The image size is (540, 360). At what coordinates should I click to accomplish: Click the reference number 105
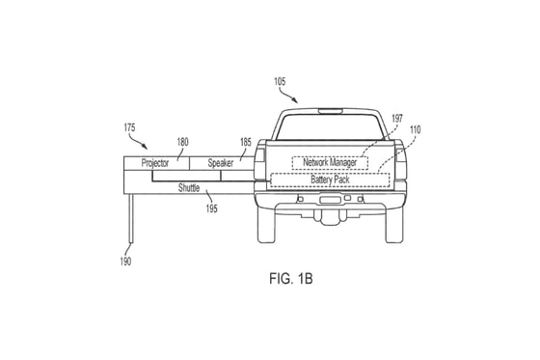coord(280,81)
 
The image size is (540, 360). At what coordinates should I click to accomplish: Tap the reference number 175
coord(129,127)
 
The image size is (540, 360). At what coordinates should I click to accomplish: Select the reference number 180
coord(183,142)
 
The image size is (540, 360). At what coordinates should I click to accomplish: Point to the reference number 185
coord(246,142)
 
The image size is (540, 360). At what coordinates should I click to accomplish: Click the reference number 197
coord(397,119)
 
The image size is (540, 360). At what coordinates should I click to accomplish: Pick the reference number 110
coord(415,130)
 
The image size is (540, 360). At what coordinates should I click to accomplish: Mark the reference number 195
coord(212,208)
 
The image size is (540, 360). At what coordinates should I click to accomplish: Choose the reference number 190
coord(125,262)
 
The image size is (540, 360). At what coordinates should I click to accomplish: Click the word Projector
coord(155,163)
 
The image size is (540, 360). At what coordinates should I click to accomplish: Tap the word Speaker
coord(221,163)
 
